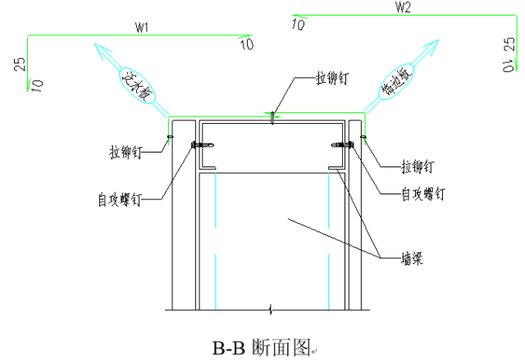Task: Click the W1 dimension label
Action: [x=142, y=26]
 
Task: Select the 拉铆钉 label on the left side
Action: [x=126, y=152]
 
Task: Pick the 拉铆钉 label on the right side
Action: [x=418, y=166]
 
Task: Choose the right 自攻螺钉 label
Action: [x=423, y=194]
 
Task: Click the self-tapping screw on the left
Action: [x=203, y=145]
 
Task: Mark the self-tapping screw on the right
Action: [x=342, y=145]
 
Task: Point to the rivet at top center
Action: [x=272, y=117]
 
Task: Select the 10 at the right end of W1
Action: [x=247, y=44]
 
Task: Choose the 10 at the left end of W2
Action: [x=298, y=25]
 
